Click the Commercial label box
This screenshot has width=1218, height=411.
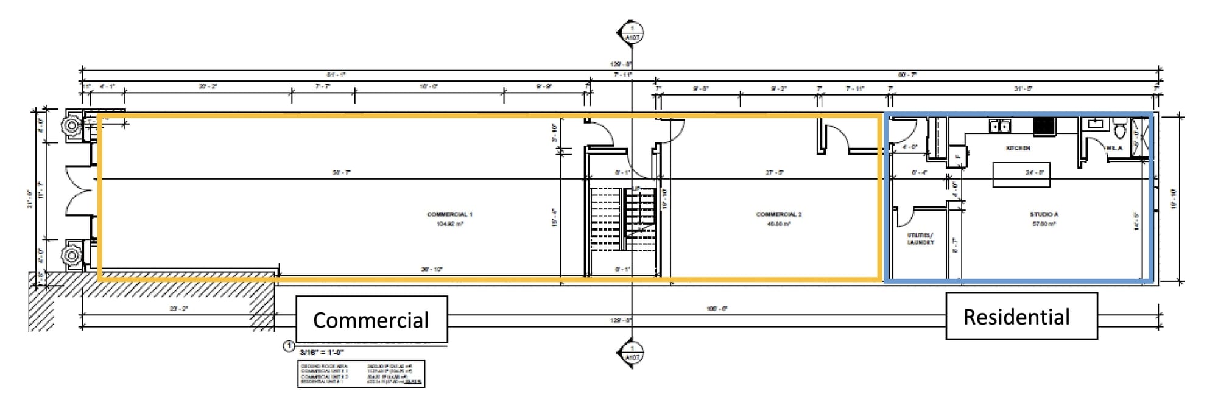click(371, 320)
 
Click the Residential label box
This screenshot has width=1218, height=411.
click(1021, 316)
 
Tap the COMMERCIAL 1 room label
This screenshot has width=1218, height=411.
click(449, 214)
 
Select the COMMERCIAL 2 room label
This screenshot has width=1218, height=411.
click(778, 214)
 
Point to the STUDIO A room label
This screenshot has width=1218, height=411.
click(1044, 214)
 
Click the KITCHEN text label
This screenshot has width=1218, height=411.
click(1018, 148)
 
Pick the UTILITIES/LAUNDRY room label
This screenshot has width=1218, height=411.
click(920, 239)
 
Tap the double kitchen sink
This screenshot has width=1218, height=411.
click(999, 126)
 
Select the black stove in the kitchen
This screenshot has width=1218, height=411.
click(1044, 126)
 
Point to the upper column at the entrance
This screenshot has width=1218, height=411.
click(72, 126)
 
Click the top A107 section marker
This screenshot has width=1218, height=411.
click(632, 32)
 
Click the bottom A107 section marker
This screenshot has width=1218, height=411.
click(632, 354)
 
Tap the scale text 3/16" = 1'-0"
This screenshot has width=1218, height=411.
click(322, 352)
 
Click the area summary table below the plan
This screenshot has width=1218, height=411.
click(361, 374)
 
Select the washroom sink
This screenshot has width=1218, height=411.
click(1095, 124)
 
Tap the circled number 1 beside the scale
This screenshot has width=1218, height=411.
click(289, 347)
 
